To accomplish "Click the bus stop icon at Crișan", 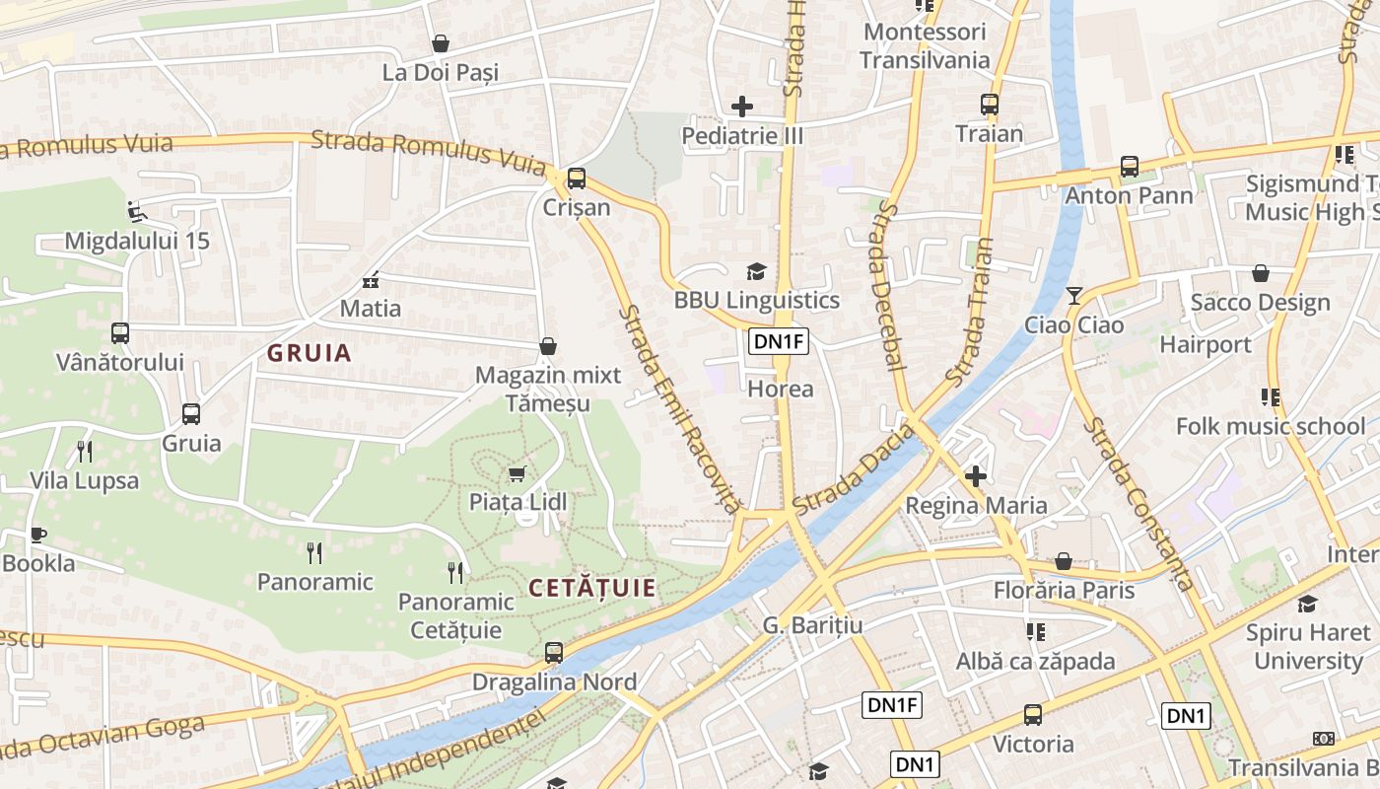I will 576,179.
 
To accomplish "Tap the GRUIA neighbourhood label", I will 310,353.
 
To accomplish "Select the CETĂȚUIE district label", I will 591,589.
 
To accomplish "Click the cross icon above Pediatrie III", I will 742,106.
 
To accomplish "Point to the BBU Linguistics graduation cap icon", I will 756,271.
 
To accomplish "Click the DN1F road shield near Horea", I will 779,342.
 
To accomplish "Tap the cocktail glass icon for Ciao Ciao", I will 1074,296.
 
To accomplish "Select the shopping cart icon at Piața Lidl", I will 517,474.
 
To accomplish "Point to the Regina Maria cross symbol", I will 976,477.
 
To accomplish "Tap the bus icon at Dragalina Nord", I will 554,652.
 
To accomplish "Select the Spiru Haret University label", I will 1307,646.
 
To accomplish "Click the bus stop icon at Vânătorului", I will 120,333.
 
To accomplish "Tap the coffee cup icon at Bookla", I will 38,535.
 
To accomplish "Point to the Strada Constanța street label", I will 1139,503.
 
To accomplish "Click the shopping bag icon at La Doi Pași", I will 441,43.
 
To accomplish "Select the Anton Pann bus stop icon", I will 1130,167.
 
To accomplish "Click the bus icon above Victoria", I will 1032,715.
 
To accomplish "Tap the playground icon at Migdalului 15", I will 136,211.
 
